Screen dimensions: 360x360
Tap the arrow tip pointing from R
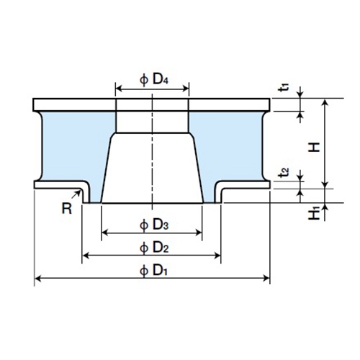80,191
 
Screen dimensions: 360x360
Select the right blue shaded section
234,144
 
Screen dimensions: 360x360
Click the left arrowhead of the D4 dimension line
118,89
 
